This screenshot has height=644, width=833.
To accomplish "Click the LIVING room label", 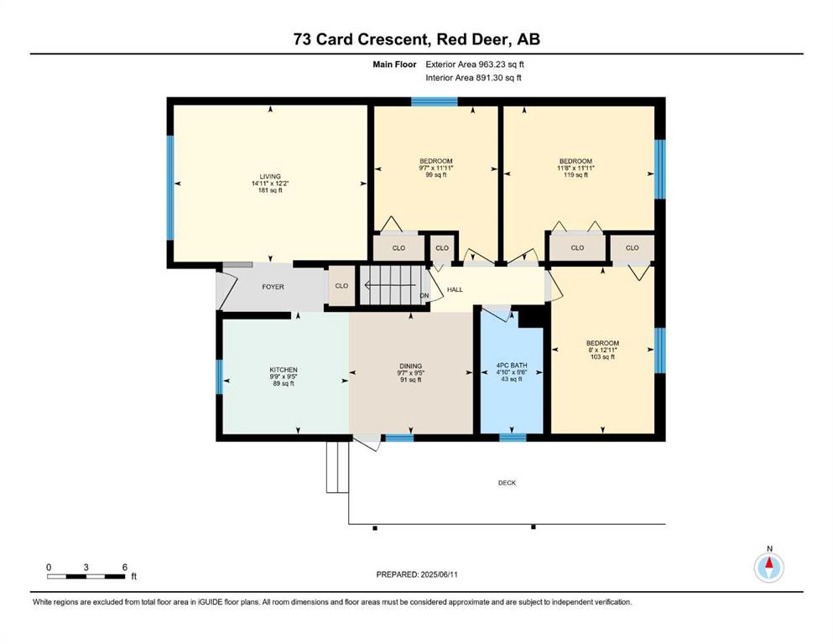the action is coord(270,183).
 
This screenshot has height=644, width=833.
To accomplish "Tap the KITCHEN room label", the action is coord(284,377).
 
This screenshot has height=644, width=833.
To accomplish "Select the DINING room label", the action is coord(411,372).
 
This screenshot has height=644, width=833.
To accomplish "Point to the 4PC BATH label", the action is coord(512,372).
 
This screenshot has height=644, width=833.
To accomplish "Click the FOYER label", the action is coord(273,287).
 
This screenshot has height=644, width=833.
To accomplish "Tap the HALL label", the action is coord(455,289).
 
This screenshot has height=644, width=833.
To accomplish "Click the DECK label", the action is coord(507,483).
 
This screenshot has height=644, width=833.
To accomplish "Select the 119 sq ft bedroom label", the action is coord(575,168).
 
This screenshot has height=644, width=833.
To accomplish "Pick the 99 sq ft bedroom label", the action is coord(436,168).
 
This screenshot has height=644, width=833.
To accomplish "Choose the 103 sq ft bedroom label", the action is coord(602,350).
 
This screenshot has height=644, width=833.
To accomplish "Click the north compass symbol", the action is coord(768,567).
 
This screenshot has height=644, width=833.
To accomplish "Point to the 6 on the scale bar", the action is coord(125,567).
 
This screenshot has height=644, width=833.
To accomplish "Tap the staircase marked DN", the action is coord(393,286).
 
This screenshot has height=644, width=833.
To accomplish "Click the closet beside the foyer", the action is coord(341,286).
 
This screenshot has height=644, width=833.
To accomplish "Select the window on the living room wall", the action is coord(170,188).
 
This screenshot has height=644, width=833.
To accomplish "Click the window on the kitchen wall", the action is coord(220,377).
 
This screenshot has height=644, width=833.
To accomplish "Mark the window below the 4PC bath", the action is coord(513,438).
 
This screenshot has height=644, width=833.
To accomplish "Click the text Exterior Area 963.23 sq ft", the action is coord(475,65).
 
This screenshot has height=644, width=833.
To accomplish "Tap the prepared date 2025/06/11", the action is coord(439,574).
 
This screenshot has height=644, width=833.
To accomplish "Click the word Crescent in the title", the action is coord(392,39).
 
